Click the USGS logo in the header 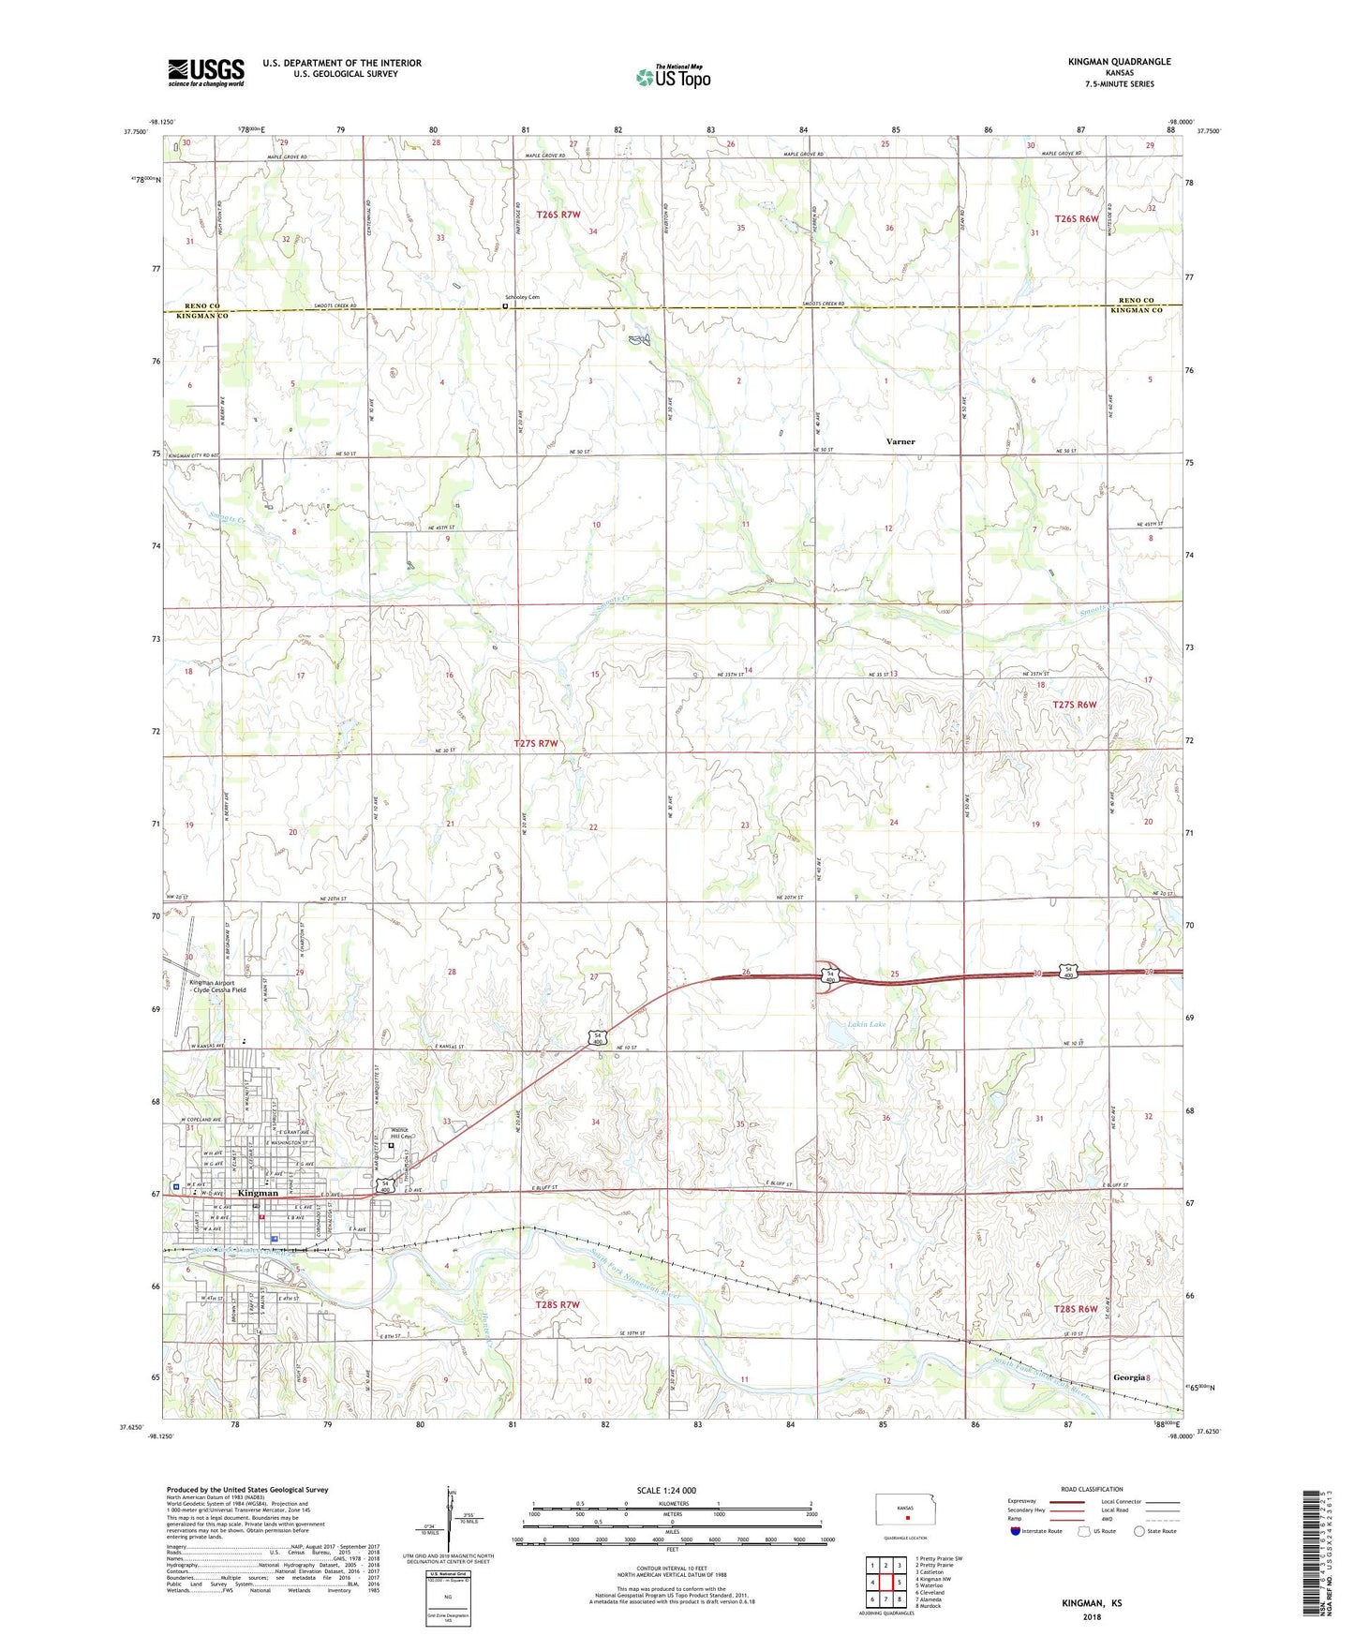206,72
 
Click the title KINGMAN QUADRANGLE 1119,62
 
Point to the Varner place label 900,441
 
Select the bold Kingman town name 259,1193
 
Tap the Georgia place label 1129,1377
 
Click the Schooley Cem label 522,297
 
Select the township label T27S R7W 536,743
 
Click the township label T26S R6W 1076,218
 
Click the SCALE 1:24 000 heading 666,1490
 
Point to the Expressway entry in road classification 1021,1500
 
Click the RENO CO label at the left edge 201,306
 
